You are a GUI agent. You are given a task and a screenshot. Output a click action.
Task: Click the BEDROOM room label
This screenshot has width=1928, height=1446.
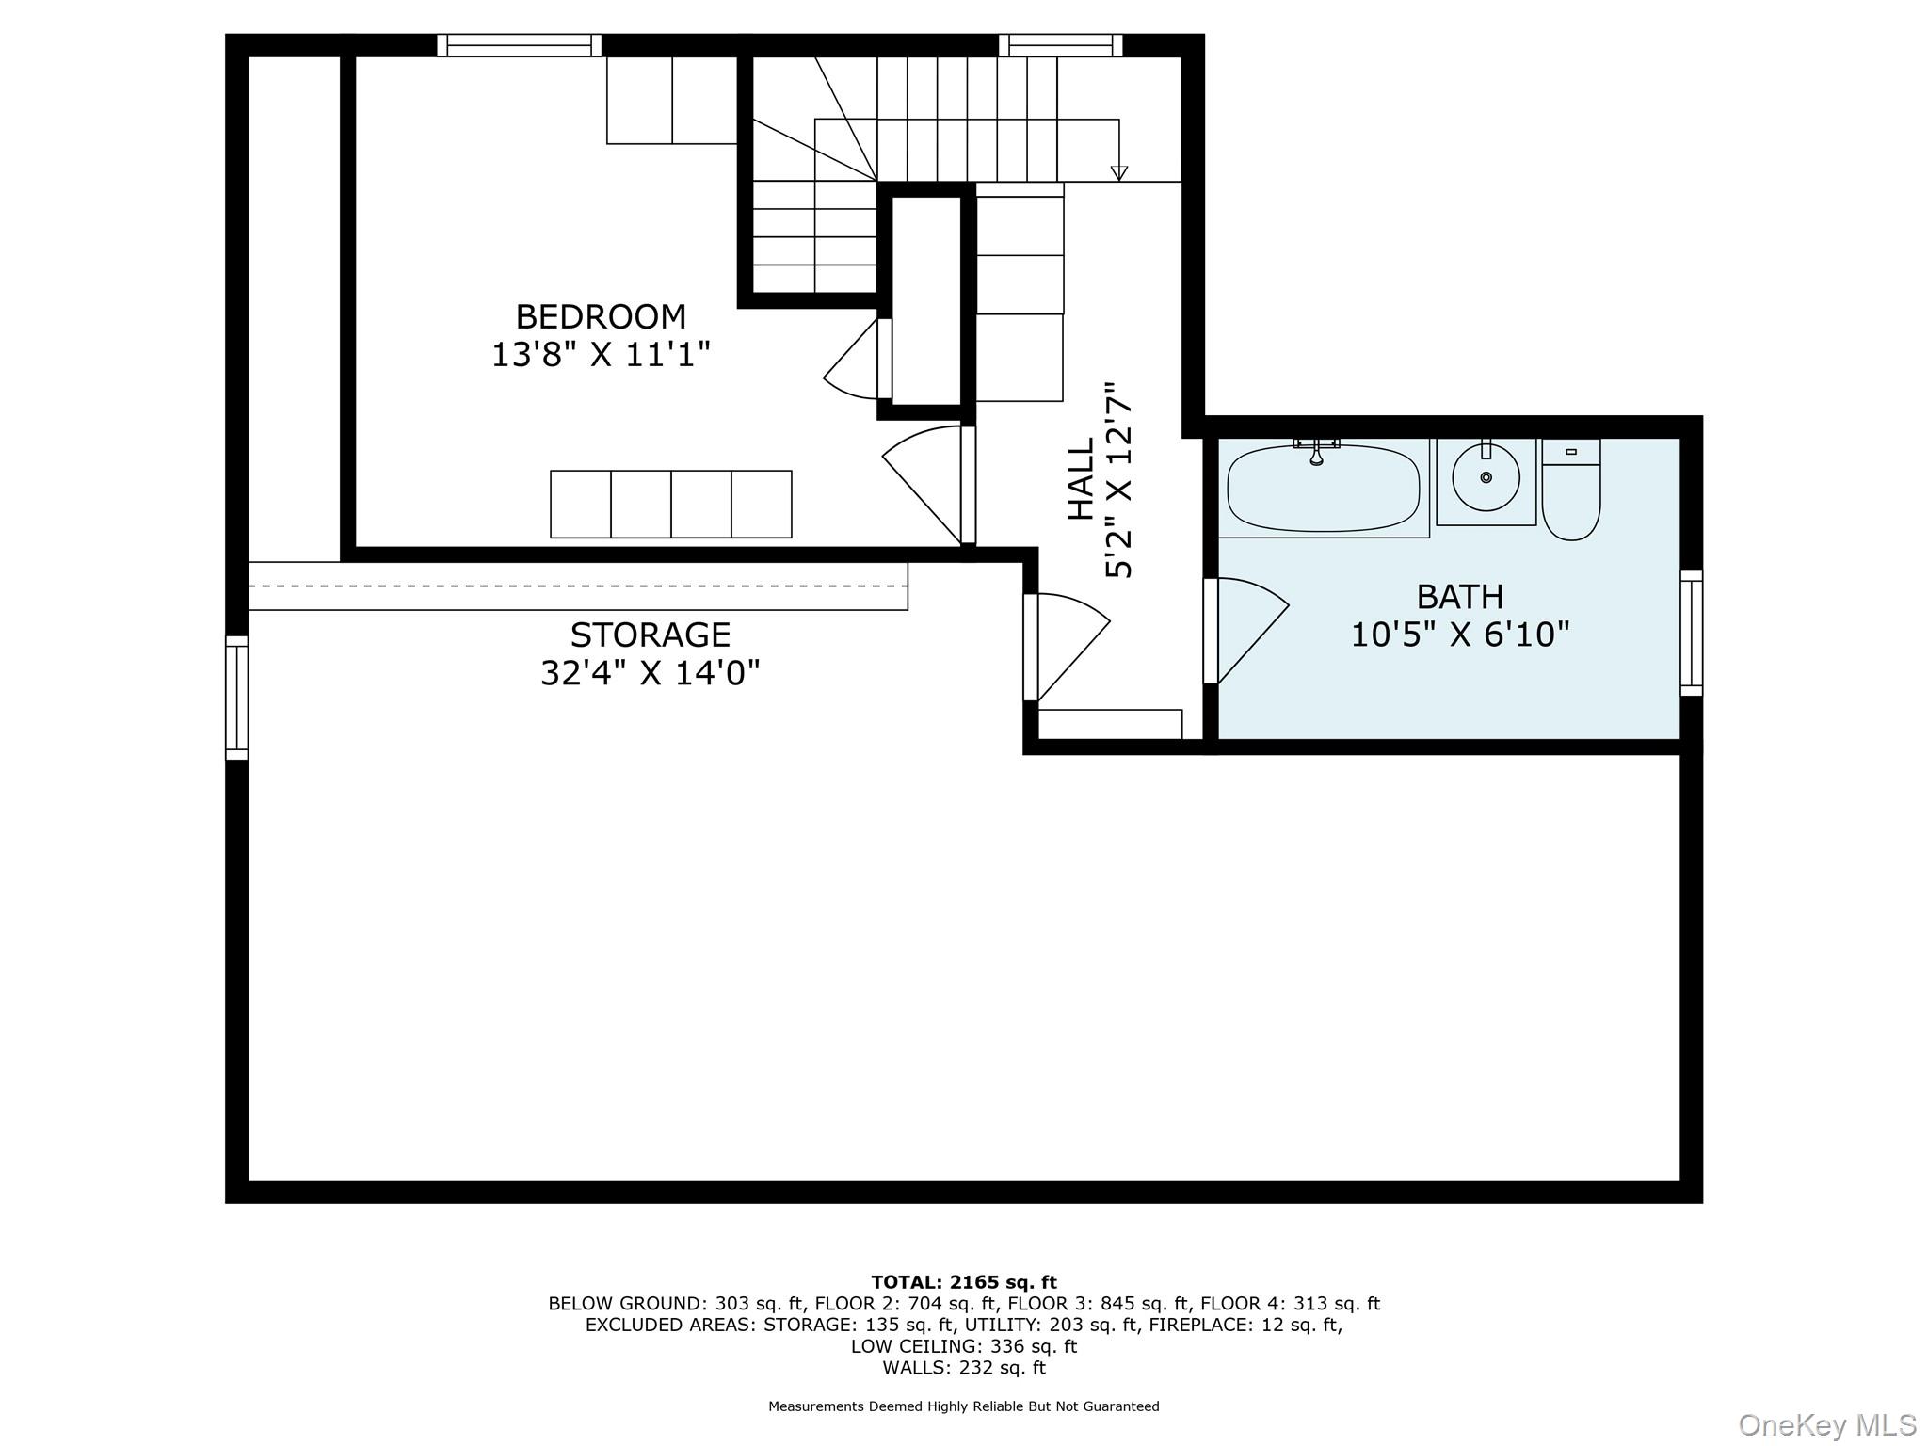tap(601, 316)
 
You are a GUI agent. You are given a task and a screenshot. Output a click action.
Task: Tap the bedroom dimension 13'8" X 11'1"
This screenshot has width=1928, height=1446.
tap(601, 355)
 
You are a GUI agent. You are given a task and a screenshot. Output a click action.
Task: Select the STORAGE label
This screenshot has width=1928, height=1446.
tap(651, 635)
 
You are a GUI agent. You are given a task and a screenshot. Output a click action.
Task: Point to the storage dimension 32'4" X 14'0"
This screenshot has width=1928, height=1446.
tap(651, 673)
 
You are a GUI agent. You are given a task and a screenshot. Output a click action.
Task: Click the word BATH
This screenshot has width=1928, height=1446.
tap(1460, 597)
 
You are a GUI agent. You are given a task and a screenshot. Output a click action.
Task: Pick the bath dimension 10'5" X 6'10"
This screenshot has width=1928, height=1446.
tap(1460, 635)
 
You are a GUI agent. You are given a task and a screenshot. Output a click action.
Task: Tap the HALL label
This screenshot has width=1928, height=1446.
tap(1082, 478)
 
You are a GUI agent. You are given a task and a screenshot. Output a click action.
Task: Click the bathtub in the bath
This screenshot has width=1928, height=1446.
tap(1324, 488)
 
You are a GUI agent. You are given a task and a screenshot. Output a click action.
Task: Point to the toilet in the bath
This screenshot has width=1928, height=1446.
tap(1571, 490)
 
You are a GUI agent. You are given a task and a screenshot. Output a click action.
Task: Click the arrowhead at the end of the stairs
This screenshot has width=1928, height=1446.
tap(1118, 173)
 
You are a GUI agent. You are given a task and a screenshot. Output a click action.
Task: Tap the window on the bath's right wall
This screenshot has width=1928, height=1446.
tap(1692, 633)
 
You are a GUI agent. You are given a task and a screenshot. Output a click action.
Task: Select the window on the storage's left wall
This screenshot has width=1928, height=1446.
tap(236, 698)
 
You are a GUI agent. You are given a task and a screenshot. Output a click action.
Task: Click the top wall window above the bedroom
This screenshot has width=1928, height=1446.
tap(519, 45)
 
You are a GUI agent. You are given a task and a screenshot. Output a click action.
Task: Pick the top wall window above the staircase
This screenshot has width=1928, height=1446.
tap(1061, 45)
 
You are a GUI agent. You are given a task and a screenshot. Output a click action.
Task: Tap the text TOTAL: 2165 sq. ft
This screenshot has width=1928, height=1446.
tap(964, 1282)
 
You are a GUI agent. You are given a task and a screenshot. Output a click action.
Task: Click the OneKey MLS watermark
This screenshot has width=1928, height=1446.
tap(1826, 1424)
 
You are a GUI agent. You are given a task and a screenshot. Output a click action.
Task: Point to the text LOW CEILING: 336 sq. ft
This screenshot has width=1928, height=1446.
tap(964, 1346)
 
